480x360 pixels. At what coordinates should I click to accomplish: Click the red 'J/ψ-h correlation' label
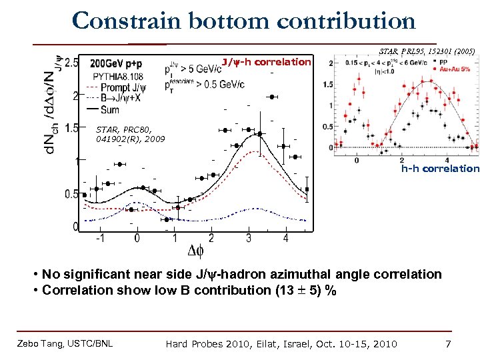coord(266,62)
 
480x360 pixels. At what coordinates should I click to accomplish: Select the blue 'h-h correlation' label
coord(439,169)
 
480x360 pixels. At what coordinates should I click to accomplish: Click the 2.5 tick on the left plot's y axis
coord(71,62)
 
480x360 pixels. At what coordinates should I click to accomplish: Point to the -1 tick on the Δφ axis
coord(99,238)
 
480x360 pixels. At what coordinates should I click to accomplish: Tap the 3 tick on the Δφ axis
coord(249,238)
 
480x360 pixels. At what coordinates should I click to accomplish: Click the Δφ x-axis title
coord(195,252)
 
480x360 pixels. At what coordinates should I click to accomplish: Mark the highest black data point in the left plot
coord(273,96)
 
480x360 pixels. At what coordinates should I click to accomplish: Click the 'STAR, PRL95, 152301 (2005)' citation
coord(427,51)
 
